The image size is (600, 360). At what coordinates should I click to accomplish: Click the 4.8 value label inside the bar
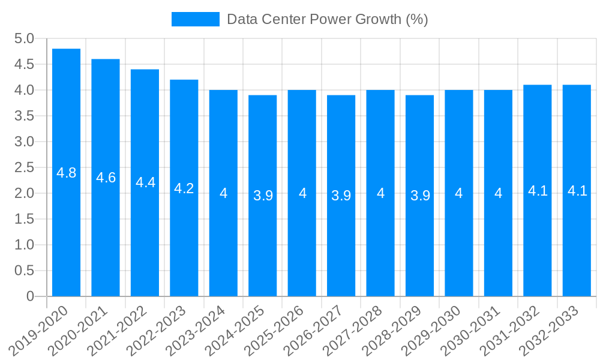point(66,173)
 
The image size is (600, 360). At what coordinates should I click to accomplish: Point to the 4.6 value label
point(106,178)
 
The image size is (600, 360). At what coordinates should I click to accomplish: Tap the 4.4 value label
point(145,182)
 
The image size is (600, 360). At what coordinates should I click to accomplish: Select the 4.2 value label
point(184,188)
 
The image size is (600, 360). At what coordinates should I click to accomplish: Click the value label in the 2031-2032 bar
point(538,191)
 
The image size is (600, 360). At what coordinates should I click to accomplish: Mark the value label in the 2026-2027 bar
point(341,196)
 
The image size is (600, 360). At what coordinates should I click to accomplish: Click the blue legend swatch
point(196,19)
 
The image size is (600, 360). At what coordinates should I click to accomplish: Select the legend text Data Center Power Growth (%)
point(327,19)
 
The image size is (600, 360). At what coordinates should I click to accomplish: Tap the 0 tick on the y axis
point(31,296)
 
